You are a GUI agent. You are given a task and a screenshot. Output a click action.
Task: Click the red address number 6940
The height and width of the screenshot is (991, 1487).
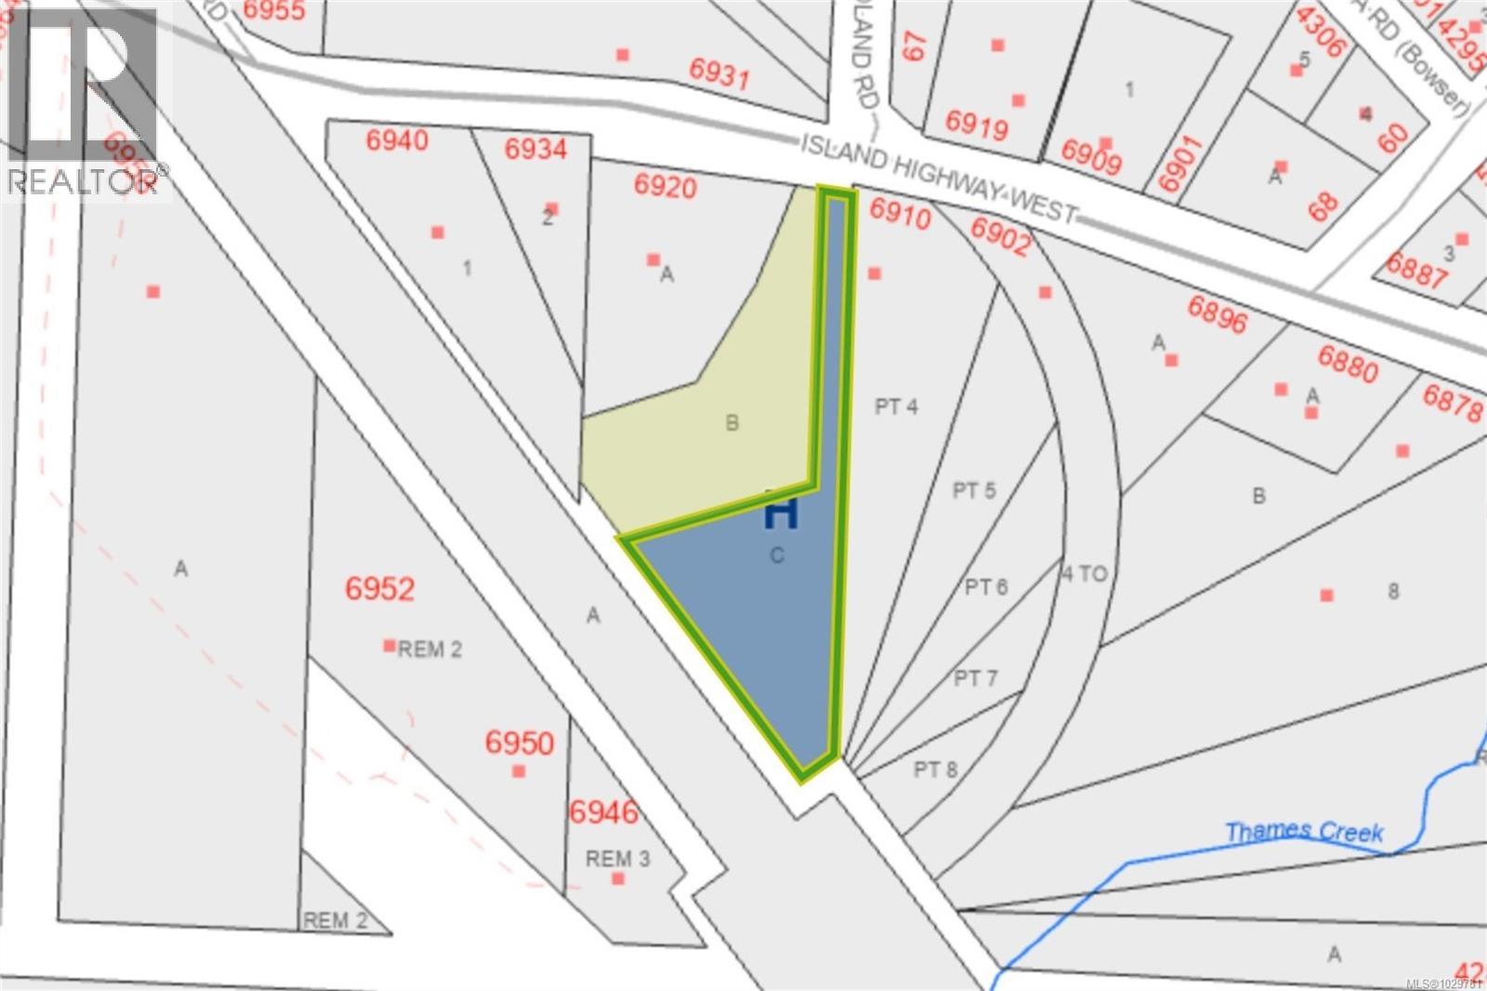pyautogui.click(x=397, y=140)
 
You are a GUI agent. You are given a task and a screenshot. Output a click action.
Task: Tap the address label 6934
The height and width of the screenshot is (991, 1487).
pyautogui.click(x=535, y=149)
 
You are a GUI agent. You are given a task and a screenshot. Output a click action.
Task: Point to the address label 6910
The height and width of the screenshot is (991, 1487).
pyautogui.click(x=900, y=216)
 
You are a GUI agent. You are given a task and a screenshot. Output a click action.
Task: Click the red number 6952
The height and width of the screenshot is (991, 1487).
pyautogui.click(x=379, y=588)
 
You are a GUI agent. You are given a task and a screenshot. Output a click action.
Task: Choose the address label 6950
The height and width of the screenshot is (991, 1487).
pyautogui.click(x=520, y=742)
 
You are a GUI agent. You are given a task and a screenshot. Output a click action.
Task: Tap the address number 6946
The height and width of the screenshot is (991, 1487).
pyautogui.click(x=603, y=812)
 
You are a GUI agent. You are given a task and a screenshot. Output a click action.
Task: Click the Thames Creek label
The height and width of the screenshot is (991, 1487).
pyautogui.click(x=1304, y=831)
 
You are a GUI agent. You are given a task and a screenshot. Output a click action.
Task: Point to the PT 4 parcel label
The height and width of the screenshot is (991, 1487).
pyautogui.click(x=896, y=406)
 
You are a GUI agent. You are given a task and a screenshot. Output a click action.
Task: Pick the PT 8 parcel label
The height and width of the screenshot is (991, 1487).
pyautogui.click(x=935, y=769)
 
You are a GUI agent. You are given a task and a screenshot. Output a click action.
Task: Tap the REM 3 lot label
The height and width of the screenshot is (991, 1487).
pyautogui.click(x=618, y=858)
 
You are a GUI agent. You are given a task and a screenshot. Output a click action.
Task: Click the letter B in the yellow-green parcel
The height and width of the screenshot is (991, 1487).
pyautogui.click(x=731, y=423)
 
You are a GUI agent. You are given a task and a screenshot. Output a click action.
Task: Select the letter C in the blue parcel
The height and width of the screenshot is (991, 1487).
pyautogui.click(x=777, y=556)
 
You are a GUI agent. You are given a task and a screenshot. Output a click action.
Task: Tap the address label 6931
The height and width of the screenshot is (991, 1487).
pyautogui.click(x=719, y=72)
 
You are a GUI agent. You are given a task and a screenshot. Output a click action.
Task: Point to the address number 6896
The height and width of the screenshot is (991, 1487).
pyautogui.click(x=1217, y=314)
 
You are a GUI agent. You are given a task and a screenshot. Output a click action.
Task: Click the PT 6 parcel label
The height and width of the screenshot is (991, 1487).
pyautogui.click(x=986, y=587)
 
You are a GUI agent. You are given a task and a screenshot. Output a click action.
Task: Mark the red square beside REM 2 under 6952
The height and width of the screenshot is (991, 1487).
pyautogui.click(x=389, y=645)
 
